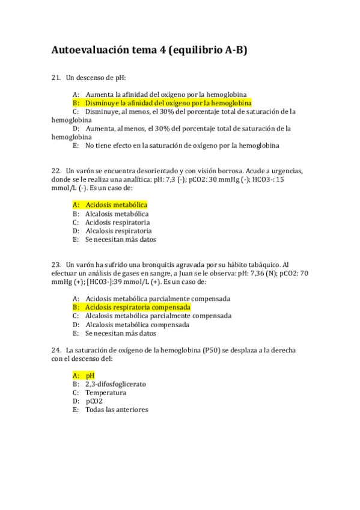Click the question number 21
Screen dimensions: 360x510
tap(56, 78)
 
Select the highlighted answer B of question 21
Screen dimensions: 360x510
tap(162, 103)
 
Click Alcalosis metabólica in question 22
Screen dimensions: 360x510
tap(117, 214)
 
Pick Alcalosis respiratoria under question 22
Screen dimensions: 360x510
tap(118, 230)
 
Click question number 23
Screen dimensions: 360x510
tap(56, 265)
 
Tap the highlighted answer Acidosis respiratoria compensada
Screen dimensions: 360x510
tap(138, 307)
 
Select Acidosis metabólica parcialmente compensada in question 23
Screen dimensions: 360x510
tap(157, 298)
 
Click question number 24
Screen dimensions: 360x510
tap(56, 350)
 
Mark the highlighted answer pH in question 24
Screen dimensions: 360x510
tap(90, 375)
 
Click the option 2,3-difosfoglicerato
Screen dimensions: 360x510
tap(115, 384)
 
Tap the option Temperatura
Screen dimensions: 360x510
tap(105, 393)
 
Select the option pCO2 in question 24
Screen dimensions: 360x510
tap(94, 401)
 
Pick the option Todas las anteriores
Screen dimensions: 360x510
tap(116, 410)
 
